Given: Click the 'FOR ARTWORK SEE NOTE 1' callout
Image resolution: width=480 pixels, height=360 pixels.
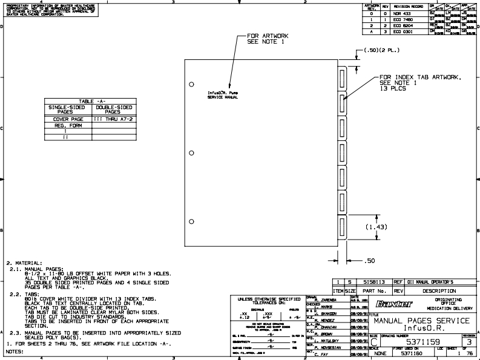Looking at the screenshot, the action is point(268,39).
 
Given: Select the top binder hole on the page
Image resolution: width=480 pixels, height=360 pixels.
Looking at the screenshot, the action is point(191,83).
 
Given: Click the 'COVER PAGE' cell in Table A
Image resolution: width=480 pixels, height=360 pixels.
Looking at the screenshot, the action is point(68,119).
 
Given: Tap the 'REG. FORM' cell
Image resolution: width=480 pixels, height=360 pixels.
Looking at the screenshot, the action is point(68,125).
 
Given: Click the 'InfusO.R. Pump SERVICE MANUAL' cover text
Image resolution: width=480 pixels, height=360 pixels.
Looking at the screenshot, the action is point(223,95).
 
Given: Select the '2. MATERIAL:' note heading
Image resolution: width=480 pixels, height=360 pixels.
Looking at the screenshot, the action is point(25,263).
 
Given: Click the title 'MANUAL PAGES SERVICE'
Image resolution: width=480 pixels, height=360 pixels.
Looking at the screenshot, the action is point(421,319).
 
